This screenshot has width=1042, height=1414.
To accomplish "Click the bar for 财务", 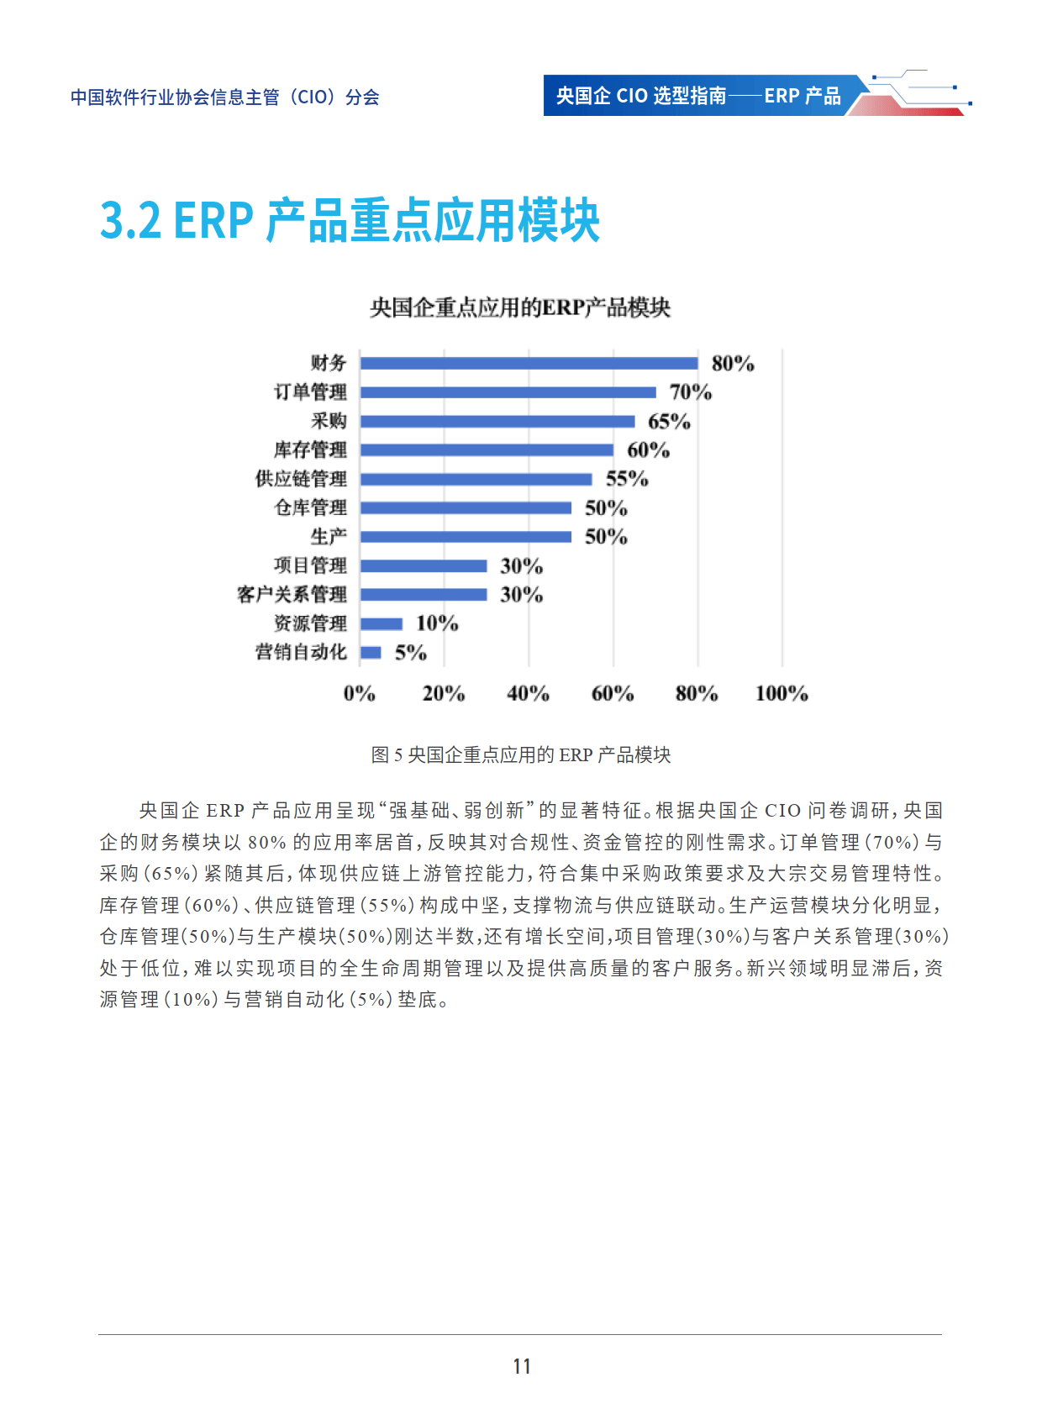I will point(529,363).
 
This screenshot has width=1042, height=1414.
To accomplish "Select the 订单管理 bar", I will point(508,392).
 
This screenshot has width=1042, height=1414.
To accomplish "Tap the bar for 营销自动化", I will point(371,652).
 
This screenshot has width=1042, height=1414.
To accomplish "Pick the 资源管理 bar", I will point(382,623).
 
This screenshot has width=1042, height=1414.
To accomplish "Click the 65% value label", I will point(669,421).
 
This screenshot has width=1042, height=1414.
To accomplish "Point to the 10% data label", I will point(437,623).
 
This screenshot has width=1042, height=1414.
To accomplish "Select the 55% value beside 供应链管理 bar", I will point(627,479).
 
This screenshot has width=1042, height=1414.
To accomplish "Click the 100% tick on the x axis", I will point(781,693).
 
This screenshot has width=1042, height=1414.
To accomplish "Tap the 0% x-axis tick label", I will point(360,693).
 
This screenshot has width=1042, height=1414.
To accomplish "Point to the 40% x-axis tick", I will point(528,693).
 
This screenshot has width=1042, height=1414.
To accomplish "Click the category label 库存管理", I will point(310,450).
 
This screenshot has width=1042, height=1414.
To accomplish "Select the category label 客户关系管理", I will point(292,595).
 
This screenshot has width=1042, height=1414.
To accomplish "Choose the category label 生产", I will point(328,537).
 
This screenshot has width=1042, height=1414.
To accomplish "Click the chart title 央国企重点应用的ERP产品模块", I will point(520,308).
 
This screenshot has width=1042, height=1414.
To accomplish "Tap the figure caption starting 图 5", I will point(521,754).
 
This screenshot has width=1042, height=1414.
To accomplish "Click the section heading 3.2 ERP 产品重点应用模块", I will point(350,221).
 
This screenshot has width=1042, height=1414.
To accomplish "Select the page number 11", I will point(521,1366).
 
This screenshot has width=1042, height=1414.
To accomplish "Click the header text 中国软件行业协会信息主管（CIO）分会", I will point(224,97).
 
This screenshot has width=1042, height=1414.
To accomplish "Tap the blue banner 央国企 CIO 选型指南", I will point(697,96).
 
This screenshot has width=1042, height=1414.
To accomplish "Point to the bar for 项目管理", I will point(424,565).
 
